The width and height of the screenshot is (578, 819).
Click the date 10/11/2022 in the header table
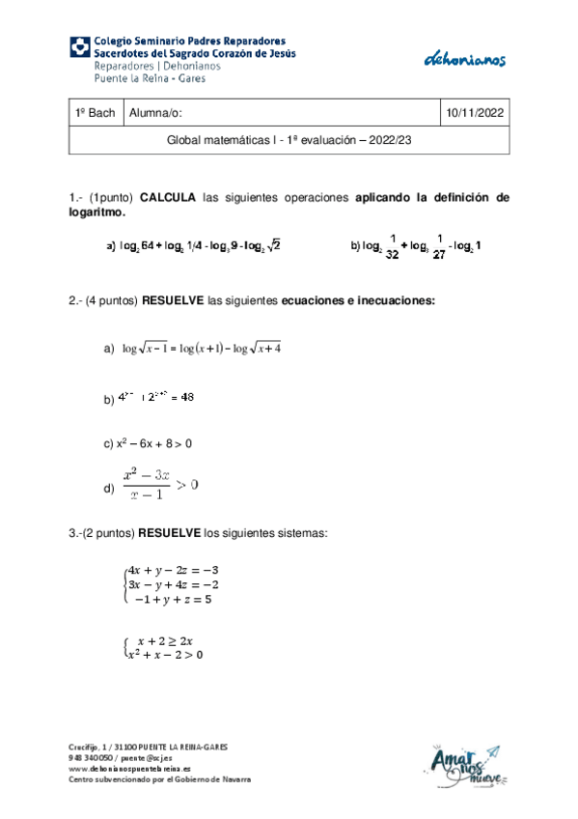(x=474, y=114)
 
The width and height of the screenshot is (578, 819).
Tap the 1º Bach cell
(x=95, y=114)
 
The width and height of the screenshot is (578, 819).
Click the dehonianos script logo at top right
(x=465, y=60)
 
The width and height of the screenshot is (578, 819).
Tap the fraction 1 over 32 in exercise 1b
(x=391, y=247)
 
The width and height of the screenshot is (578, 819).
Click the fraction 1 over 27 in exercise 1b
(x=439, y=247)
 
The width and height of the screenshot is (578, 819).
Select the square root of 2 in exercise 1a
(x=274, y=247)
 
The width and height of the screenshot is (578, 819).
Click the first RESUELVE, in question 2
(x=173, y=300)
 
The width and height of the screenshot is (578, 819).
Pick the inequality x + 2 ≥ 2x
(x=165, y=640)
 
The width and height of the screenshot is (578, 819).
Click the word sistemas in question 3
(x=303, y=532)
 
